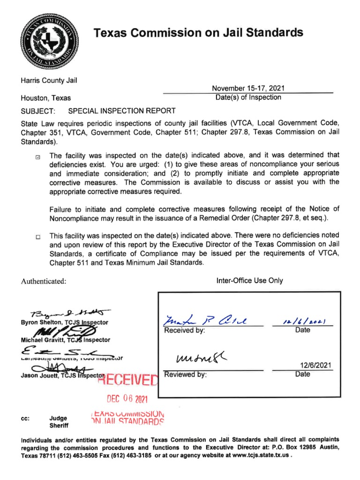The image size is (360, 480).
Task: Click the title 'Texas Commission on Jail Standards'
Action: click(198, 32)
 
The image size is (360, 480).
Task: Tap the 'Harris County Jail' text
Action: click(48, 80)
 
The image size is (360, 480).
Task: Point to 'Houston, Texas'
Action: click(45, 98)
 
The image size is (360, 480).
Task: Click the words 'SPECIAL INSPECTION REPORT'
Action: click(122, 111)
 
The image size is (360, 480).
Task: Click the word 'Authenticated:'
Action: click(43, 281)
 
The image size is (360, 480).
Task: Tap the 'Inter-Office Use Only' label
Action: click(249, 280)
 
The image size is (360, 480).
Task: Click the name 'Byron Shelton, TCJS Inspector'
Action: click(64, 322)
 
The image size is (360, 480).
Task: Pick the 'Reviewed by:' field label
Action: click(185, 375)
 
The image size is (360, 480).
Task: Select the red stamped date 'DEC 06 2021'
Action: click(127, 399)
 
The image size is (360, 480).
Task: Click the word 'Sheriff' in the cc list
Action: click(59, 426)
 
